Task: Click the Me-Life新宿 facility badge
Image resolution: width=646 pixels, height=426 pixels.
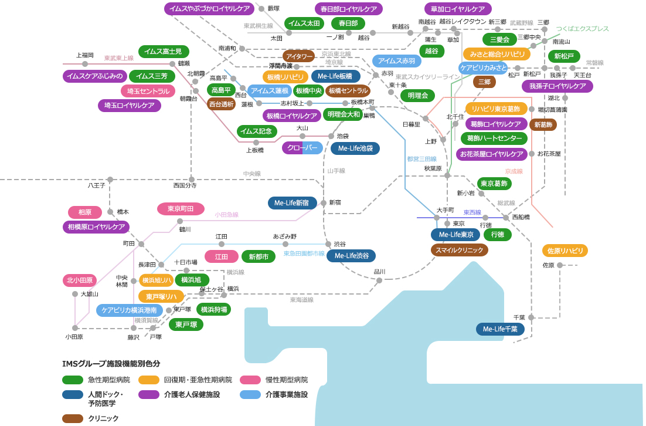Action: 292,203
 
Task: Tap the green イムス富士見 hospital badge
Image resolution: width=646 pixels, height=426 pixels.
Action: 164,52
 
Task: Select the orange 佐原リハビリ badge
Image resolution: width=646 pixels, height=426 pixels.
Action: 565,251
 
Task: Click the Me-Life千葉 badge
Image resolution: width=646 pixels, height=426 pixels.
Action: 500,329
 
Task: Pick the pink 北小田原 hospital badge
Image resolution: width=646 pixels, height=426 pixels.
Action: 80,280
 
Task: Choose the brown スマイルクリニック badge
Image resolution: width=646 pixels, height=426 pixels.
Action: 460,250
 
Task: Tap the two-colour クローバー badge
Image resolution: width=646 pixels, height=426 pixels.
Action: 302,148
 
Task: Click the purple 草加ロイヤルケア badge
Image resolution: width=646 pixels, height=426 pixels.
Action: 458,9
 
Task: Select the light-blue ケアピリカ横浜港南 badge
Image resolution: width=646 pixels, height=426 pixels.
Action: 130,310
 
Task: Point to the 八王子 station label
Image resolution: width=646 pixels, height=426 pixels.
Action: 96,185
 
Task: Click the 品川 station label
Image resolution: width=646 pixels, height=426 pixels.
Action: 379,272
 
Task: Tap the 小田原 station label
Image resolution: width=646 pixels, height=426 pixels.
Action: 74,337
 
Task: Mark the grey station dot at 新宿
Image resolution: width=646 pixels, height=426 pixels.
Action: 324,202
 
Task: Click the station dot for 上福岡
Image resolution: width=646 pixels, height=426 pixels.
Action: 85,64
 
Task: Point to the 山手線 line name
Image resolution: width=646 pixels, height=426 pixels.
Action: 336,171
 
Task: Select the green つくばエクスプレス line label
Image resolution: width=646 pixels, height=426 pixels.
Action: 582,29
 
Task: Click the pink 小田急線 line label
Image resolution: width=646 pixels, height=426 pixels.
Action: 227,215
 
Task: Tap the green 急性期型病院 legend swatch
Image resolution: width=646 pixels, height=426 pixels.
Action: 73,380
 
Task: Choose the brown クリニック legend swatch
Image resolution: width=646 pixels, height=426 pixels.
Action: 73,418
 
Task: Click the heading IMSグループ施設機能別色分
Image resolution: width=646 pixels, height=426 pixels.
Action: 111,364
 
